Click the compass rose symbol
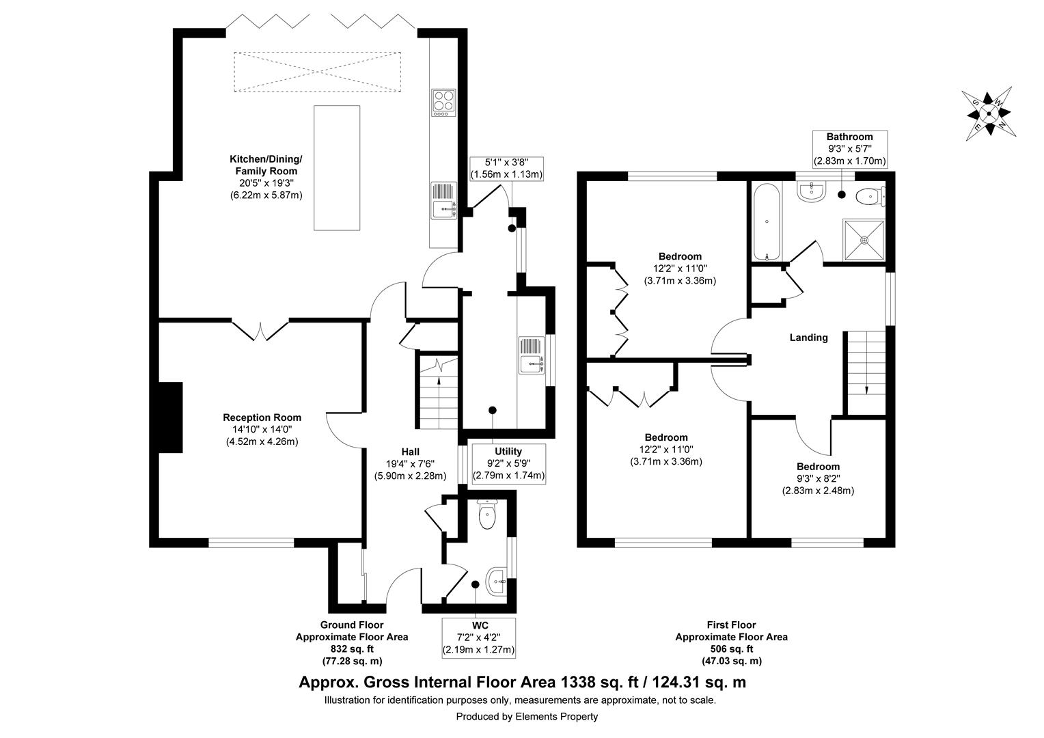988,113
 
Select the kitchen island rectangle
336,168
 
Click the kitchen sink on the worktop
443,201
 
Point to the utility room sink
532,355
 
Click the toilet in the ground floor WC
487,515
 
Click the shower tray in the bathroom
864,240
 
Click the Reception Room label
262,418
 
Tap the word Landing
808,338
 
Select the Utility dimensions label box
508,463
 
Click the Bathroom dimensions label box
849,149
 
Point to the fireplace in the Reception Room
171,417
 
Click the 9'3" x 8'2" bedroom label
818,478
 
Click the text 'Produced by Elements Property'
527,717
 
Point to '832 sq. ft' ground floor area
351,649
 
